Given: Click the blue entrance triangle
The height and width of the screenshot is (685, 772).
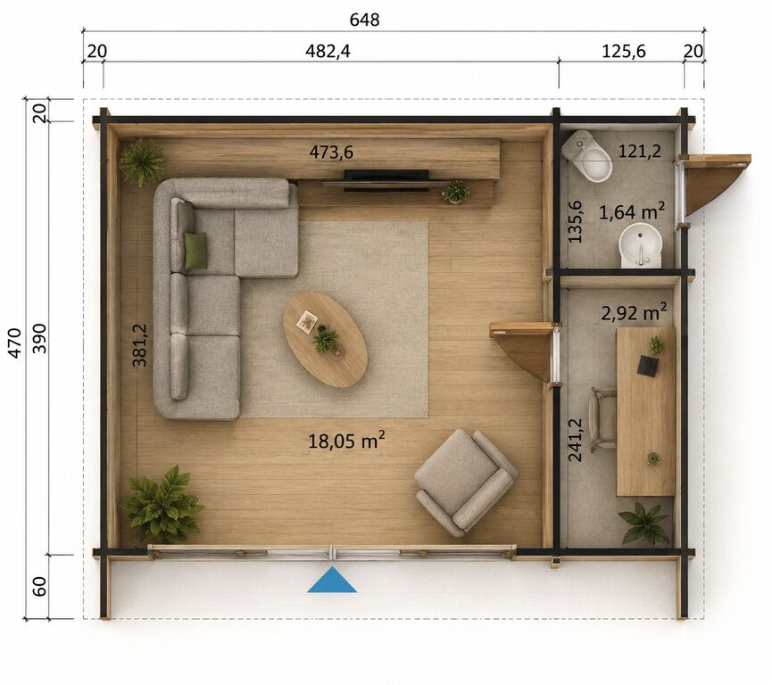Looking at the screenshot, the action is (x=332, y=581).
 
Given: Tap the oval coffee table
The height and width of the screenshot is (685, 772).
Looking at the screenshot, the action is (x=325, y=340).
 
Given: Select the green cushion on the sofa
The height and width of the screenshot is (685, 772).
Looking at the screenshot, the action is (x=195, y=251).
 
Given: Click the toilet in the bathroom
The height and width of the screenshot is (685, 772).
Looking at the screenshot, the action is (x=587, y=155).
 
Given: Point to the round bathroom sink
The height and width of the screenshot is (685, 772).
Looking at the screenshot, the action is (x=640, y=245).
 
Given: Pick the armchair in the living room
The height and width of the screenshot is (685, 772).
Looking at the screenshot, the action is (x=466, y=483).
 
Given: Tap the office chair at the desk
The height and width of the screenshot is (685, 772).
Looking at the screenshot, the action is (x=603, y=419).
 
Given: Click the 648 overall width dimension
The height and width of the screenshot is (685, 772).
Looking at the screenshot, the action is (x=364, y=20).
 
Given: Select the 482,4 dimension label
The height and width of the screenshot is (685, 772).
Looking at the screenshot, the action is (x=328, y=51).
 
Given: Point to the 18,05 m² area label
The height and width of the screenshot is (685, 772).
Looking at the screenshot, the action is (x=346, y=441).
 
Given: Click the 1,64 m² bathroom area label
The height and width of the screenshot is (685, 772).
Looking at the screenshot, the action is (x=632, y=212).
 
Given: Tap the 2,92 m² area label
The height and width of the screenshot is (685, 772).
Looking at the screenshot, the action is (x=635, y=312).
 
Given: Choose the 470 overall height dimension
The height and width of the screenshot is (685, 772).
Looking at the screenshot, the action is (x=15, y=343).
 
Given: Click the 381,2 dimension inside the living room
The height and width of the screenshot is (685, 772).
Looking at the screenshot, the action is (x=139, y=345).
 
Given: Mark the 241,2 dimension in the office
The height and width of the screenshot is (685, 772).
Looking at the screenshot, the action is (x=575, y=440).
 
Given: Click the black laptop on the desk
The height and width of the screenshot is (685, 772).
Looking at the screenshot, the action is (x=649, y=366).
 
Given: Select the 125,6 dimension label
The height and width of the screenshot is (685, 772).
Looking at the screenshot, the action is (x=623, y=51).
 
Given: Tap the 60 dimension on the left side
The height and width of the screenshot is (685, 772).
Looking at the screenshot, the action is (x=39, y=586).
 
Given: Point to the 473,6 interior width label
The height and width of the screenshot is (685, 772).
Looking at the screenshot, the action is (x=331, y=152).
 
